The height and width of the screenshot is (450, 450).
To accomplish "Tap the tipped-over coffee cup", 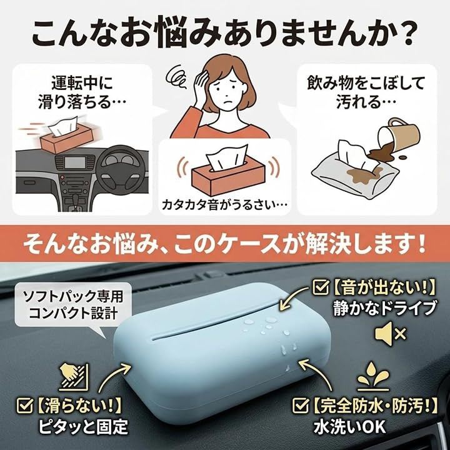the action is (397, 137).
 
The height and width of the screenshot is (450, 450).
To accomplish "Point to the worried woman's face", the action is (227, 91).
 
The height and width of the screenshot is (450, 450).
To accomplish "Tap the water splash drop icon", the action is (373, 377).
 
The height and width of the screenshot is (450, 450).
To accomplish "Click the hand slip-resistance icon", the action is (74, 377).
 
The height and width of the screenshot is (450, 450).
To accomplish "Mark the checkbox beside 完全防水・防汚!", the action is (300, 405).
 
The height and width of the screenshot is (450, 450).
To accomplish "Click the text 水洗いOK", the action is (349, 427).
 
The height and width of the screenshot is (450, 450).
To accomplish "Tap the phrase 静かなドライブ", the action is (384, 308).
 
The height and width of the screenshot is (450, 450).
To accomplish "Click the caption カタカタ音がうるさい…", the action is (225, 204).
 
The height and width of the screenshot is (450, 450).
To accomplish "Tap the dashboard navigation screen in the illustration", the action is (75, 162).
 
